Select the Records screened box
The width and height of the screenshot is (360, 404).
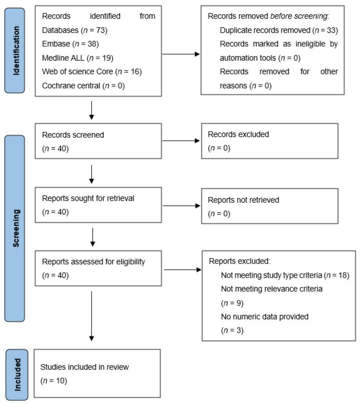pyautogui.click(x=98, y=142)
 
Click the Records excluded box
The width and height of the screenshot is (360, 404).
pyautogui.click(x=269, y=142)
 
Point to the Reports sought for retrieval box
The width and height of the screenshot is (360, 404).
pyautogui.click(x=98, y=205)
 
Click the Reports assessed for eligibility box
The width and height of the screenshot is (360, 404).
pyautogui.click(x=98, y=268)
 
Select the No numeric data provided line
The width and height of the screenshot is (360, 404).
pyautogui.click(x=264, y=317)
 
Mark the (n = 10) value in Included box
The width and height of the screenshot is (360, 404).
pyautogui.click(x=54, y=381)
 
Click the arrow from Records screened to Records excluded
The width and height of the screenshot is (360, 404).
pyautogui.click(x=181, y=141)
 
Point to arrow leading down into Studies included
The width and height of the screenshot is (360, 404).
pyautogui.click(x=91, y=317)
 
